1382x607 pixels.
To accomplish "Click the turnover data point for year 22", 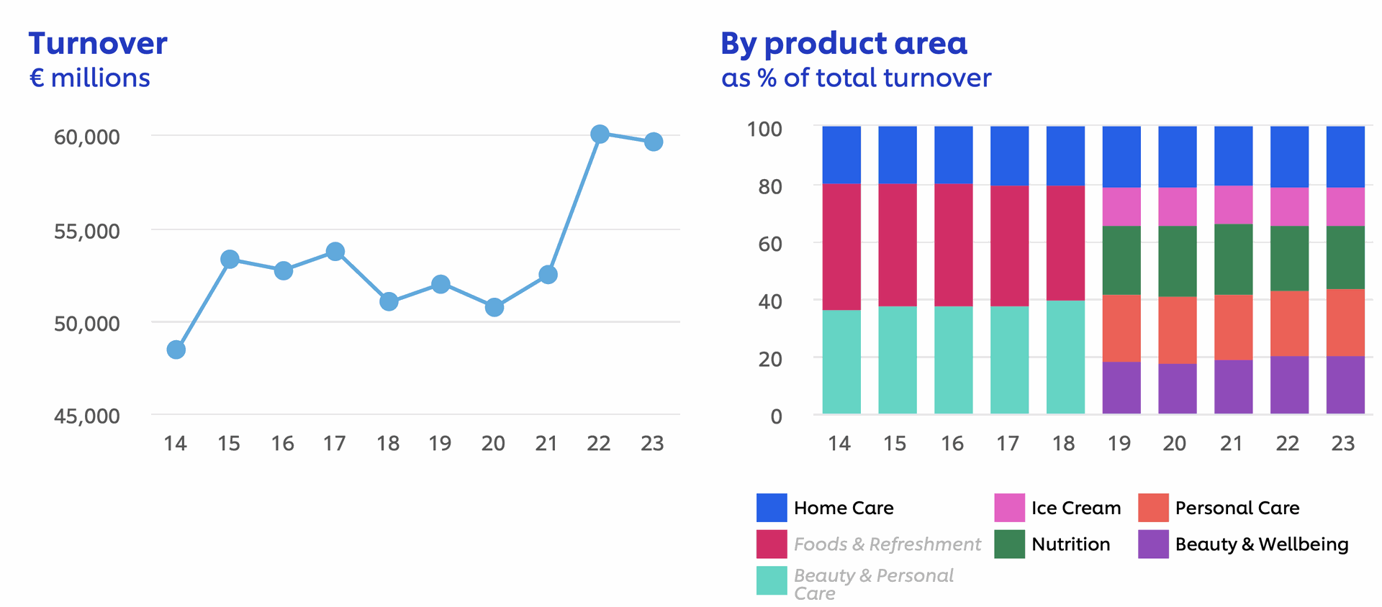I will click(600, 134).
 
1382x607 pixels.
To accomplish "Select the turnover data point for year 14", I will click(176, 350).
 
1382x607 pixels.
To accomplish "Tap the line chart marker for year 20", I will click(494, 308).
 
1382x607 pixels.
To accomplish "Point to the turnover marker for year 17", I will click(335, 252).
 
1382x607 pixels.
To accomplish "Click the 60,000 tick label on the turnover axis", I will click(87, 137).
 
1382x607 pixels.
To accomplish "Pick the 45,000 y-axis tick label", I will click(87, 416).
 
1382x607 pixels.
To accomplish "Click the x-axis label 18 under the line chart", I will click(388, 444).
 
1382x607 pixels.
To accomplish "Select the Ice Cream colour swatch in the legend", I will click(1009, 508).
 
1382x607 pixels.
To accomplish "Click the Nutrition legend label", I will click(1070, 544).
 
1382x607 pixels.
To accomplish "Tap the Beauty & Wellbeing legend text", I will click(1261, 544).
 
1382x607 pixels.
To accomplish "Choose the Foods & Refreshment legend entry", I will click(887, 544).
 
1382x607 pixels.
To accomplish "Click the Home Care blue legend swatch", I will click(772, 508).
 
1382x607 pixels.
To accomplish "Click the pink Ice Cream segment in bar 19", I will click(1121, 207).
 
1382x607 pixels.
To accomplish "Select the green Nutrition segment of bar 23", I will click(1345, 257).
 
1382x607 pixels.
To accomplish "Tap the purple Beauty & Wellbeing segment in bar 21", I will click(1233, 387).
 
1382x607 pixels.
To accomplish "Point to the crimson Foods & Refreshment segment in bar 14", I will click(841, 247).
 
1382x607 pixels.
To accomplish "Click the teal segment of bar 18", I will click(1065, 357).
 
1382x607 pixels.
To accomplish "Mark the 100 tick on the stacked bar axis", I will click(764, 129).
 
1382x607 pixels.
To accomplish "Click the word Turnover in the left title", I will click(98, 44).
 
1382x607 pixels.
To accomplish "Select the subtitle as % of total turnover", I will click(856, 78).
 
